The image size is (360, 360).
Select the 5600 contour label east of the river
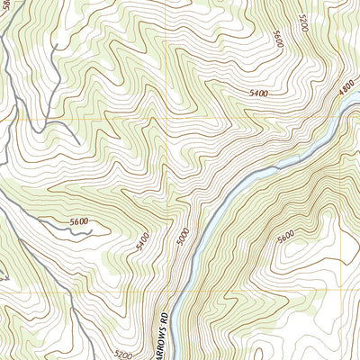[x=285, y=236]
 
